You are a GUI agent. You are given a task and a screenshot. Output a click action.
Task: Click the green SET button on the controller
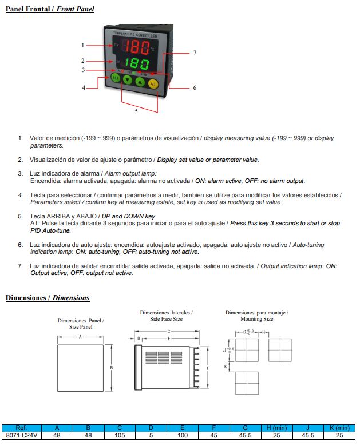[x=116, y=78]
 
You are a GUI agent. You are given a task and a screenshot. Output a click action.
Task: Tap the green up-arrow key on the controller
[x=141, y=82]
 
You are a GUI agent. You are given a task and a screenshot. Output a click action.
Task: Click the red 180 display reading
[x=137, y=46]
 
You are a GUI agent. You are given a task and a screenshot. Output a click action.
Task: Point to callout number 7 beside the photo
[x=195, y=53]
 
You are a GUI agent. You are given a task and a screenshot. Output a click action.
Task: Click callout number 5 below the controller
[x=136, y=111]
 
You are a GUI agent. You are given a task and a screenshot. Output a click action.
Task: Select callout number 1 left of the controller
[x=83, y=45]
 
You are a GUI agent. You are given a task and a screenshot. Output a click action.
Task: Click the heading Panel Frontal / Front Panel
[x=50, y=9]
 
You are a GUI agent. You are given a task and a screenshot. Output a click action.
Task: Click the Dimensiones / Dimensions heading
[x=48, y=298]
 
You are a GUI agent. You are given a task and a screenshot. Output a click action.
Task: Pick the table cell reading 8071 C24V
[x=21, y=436]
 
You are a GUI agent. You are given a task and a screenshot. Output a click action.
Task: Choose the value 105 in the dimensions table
[x=120, y=436]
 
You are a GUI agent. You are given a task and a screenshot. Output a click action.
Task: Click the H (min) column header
[x=276, y=428]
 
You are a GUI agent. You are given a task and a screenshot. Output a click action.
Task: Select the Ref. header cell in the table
[x=21, y=428]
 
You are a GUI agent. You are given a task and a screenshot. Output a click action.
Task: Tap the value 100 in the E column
[x=182, y=436]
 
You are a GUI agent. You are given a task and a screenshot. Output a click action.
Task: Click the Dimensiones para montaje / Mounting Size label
[x=256, y=316]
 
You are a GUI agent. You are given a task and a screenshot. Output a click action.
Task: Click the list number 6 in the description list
[x=21, y=245]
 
